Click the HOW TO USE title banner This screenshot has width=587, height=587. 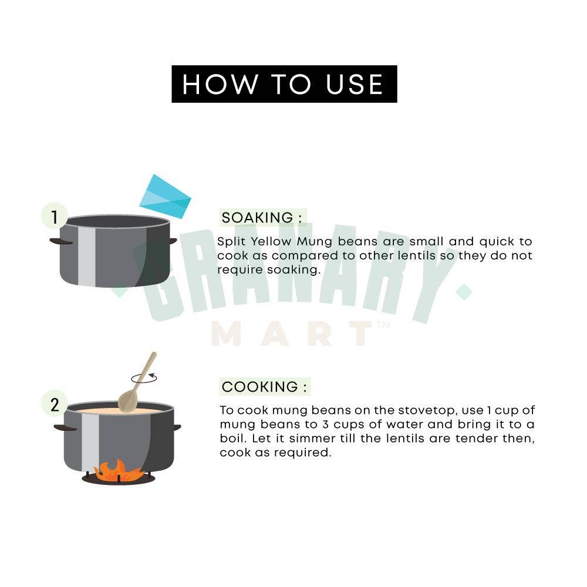(284, 84)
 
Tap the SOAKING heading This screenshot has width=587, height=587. (262, 218)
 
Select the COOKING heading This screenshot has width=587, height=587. (265, 387)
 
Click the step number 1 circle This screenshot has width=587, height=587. (54, 217)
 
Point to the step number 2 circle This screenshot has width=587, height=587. (55, 404)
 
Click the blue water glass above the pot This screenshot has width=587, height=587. (165, 197)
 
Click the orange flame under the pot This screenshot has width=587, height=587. (119, 471)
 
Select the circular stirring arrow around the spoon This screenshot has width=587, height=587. (144, 378)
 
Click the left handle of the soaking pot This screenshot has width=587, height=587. (60, 241)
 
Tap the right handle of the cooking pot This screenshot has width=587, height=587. (177, 427)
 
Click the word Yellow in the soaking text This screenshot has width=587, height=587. (271, 241)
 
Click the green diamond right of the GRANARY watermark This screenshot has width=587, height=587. (464, 292)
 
